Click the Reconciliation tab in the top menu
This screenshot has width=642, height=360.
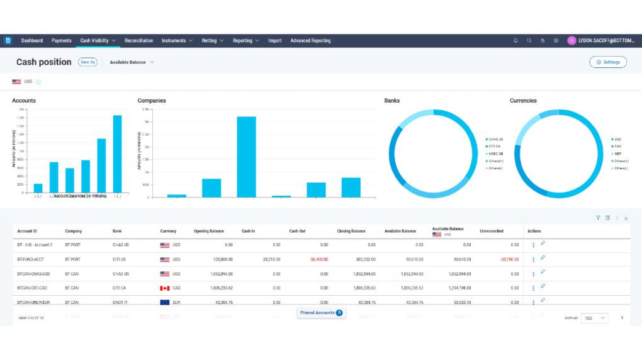[138, 41]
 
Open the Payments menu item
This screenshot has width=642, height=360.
[62, 41]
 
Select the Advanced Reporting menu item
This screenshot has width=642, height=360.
[310, 41]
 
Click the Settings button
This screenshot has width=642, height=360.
[608, 62]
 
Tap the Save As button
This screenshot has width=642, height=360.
[87, 62]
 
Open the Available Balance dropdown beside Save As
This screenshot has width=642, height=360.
[132, 62]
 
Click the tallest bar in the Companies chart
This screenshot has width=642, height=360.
[246, 157]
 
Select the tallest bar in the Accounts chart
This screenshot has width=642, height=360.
[117, 154]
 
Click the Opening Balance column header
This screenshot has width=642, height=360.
[208, 231]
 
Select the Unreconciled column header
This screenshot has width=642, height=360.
[491, 231]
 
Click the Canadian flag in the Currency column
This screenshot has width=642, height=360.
[165, 288]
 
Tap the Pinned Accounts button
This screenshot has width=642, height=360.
[321, 313]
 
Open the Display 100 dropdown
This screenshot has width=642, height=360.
[594, 318]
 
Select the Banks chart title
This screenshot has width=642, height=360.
[391, 101]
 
